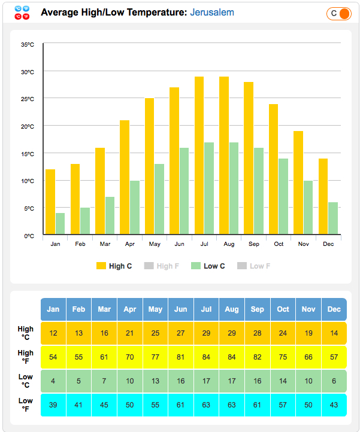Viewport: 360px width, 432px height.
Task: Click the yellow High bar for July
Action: pyautogui.click(x=199, y=156)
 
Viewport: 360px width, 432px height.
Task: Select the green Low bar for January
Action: pyautogui.click(x=60, y=223)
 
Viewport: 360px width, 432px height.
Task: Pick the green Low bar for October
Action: pyautogui.click(x=283, y=196)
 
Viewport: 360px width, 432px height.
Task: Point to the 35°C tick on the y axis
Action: pyautogui.click(x=28, y=44)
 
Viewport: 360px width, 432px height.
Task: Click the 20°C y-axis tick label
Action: pyautogui.click(x=28, y=126)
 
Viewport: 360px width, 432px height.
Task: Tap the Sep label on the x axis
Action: pyautogui.click(x=254, y=244)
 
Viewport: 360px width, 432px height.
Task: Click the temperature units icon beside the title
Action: pyautogui.click(x=22, y=13)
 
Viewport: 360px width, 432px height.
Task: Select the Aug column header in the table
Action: pyautogui.click(x=232, y=309)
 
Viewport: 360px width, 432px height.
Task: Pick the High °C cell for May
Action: pyautogui.click(x=155, y=333)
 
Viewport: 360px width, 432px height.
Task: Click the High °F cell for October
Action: pyautogui.click(x=283, y=357)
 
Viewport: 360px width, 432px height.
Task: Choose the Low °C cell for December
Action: pyautogui.click(x=334, y=381)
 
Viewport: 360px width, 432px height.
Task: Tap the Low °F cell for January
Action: pyautogui.click(x=53, y=405)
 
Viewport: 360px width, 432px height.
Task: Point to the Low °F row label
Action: pyautogui.click(x=26, y=405)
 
